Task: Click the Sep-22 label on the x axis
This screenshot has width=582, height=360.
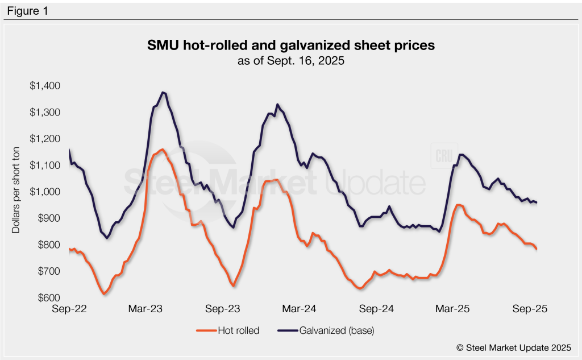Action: [x=69, y=309]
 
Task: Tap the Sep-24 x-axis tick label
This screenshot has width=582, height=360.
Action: [x=377, y=309]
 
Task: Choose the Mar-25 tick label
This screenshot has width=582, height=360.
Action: [x=453, y=309]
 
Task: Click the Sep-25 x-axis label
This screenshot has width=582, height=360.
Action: [x=530, y=309]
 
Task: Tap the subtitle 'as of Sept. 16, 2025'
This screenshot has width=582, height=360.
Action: [x=290, y=61]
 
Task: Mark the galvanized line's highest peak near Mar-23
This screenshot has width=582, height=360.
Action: [x=163, y=92]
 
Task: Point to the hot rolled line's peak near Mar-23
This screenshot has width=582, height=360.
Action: [x=162, y=150]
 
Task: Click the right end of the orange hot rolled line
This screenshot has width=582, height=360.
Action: [x=537, y=249]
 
